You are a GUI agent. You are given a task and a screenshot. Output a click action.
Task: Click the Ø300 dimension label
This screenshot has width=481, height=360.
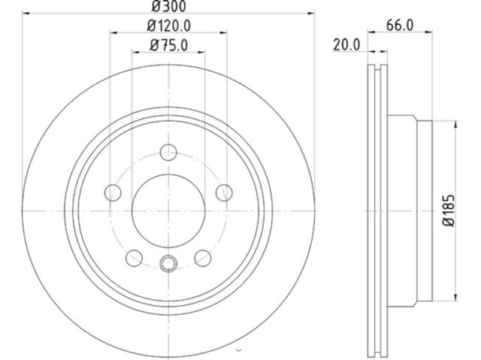click(168, 6)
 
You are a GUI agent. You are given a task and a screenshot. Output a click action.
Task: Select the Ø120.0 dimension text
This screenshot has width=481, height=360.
click(168, 26)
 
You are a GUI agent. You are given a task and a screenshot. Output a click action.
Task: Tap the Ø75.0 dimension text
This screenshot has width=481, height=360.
click(168, 45)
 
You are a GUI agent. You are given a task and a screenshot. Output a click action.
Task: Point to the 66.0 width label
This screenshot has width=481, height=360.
click(400, 25)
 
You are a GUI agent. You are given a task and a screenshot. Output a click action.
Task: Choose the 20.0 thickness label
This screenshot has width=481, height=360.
click(346, 45)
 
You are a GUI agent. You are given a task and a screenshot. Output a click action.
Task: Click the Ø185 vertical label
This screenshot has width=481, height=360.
click(449, 210)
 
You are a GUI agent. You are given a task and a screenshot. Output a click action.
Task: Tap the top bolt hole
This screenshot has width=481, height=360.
click(168, 152)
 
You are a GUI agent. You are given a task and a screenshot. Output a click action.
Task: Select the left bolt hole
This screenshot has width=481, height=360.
click(113, 192)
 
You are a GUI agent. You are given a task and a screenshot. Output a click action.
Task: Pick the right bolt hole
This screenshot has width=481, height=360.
click(224, 192)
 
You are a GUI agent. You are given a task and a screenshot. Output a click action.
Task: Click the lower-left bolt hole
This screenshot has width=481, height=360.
click(134, 258)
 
